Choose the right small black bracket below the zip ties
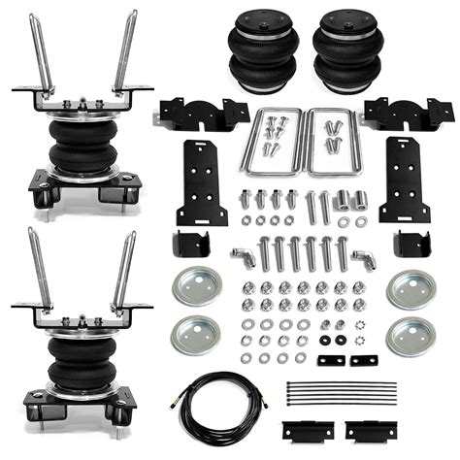[x=363, y=428]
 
